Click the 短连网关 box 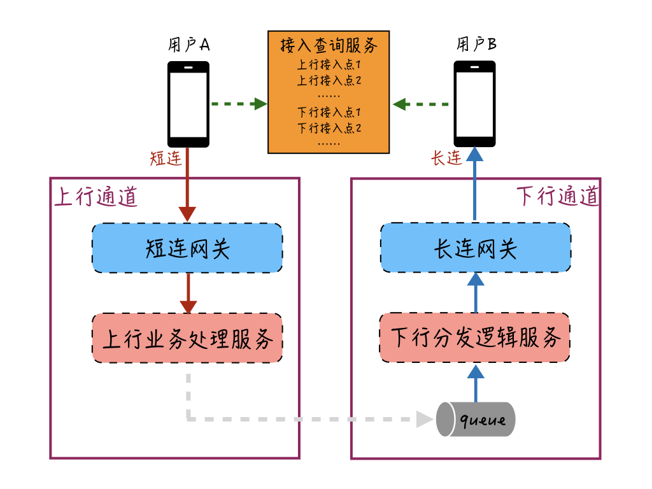pyautogui.click(x=187, y=248)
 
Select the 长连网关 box pyautogui.click(x=476, y=248)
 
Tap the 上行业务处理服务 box pyautogui.click(x=187, y=338)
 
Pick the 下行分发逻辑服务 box pyautogui.click(x=475, y=338)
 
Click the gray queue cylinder pyautogui.click(x=476, y=419)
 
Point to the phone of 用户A pyautogui.click(x=188, y=104)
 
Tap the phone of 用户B pyautogui.click(x=474, y=104)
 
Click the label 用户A pyautogui.click(x=189, y=45)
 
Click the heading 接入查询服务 pyautogui.click(x=329, y=46)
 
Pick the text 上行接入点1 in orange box pyautogui.click(x=329, y=65)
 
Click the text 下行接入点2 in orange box pyautogui.click(x=329, y=128)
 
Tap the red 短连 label pyautogui.click(x=166, y=159)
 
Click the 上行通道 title pyautogui.click(x=96, y=197)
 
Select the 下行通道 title pyautogui.click(x=558, y=197)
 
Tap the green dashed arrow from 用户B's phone pyautogui.click(x=422, y=104)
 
